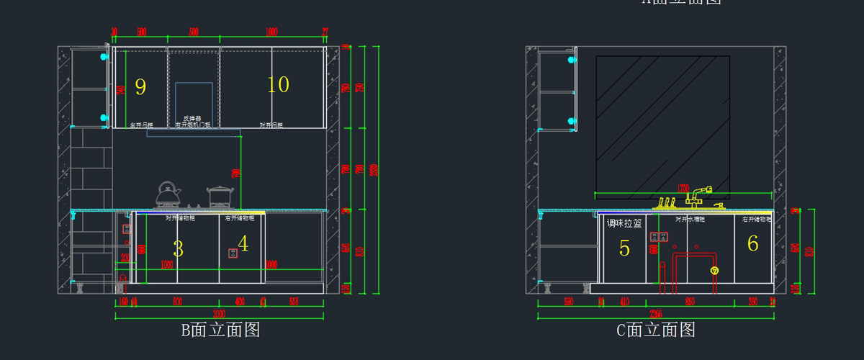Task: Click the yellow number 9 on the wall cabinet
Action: (140, 87)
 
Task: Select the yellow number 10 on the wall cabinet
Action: (278, 85)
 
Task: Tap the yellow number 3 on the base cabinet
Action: (178, 249)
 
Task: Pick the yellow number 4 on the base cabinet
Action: (243, 244)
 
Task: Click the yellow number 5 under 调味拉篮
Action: (624, 249)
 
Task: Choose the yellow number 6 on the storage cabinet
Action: (752, 244)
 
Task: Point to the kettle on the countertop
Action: (168, 195)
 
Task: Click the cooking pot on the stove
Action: (220, 197)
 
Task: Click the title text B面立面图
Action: (220, 330)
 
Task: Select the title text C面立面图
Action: (656, 330)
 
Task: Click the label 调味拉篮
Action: (624, 224)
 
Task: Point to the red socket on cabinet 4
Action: (233, 253)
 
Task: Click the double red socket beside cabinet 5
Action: (659, 236)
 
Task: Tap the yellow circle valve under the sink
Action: (714, 271)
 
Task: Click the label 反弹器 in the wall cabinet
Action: (192, 119)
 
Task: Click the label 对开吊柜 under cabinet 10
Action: (271, 125)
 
